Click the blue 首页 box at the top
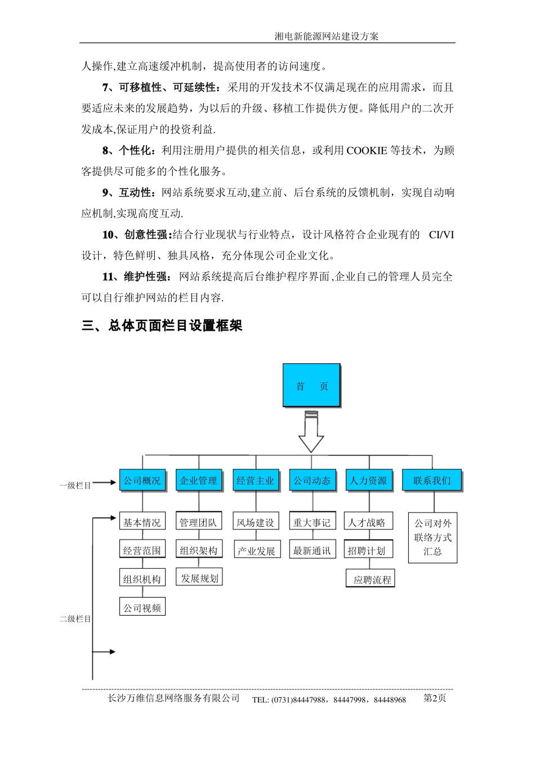click(x=311, y=385)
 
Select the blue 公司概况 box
click(x=142, y=480)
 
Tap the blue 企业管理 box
click(x=199, y=480)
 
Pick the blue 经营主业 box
click(x=256, y=480)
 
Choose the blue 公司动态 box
click(x=312, y=480)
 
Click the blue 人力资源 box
click(x=369, y=480)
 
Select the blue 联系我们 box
click(x=432, y=480)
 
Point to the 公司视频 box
click(x=142, y=607)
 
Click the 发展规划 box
click(x=199, y=578)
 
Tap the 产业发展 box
click(x=256, y=550)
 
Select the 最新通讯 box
click(x=312, y=550)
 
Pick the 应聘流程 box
click(x=371, y=579)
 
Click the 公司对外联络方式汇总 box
click(x=433, y=537)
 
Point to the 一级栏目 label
click(x=75, y=485)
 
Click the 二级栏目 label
click(x=75, y=618)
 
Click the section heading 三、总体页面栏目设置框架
click(x=162, y=326)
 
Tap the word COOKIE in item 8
click(x=367, y=150)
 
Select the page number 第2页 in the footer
click(x=435, y=698)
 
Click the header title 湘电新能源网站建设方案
click(x=327, y=37)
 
